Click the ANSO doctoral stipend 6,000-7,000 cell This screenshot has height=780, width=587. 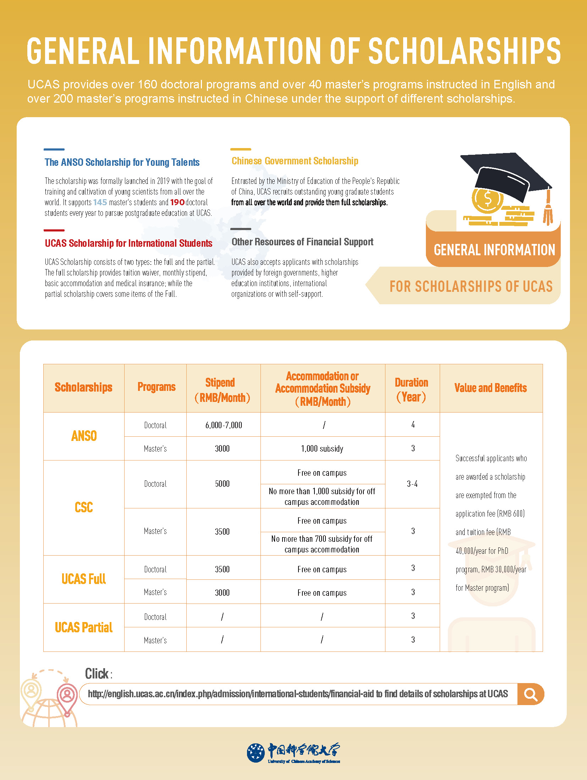click(224, 425)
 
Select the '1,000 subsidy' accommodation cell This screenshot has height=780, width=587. click(322, 449)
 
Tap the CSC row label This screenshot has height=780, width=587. click(84, 507)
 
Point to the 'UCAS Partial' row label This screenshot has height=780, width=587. click(84, 627)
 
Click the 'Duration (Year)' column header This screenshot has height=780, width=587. click(412, 389)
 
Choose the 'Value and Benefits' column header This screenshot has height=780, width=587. click(490, 388)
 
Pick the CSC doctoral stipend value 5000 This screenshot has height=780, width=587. click(223, 484)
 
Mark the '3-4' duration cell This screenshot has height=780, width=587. click(412, 484)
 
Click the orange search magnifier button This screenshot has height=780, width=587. click(531, 694)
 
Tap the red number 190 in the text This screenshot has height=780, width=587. click(177, 202)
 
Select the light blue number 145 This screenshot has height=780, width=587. click(100, 202)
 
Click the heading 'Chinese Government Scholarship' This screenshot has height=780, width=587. click(295, 161)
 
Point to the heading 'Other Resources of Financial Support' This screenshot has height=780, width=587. click(302, 242)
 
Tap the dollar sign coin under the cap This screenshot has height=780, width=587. click(488, 199)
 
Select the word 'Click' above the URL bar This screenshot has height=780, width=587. click(97, 673)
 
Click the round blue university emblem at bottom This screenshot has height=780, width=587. click(256, 752)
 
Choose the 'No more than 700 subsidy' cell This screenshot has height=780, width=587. click(322, 544)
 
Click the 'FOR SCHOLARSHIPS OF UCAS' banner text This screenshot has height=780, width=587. click(471, 287)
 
